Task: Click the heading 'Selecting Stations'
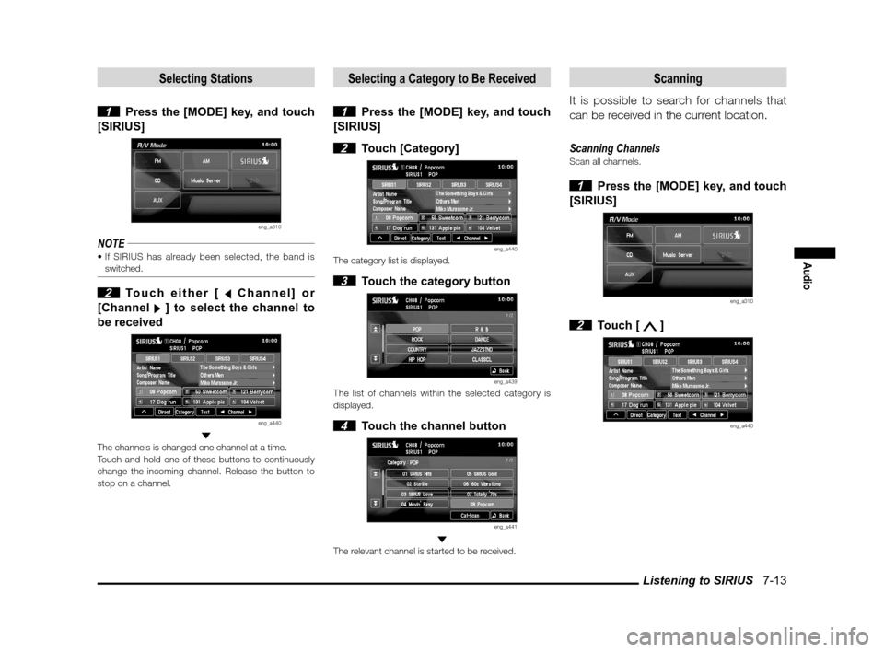(206, 78)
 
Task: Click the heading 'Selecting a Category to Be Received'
(441, 78)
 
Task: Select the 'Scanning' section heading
(678, 78)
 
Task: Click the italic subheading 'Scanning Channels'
(615, 147)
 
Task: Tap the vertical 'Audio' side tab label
(814, 275)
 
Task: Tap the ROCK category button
(416, 338)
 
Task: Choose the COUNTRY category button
(416, 348)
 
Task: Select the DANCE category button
(481, 338)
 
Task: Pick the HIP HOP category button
(416, 359)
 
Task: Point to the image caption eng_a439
(506, 381)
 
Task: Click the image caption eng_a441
(506, 527)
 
